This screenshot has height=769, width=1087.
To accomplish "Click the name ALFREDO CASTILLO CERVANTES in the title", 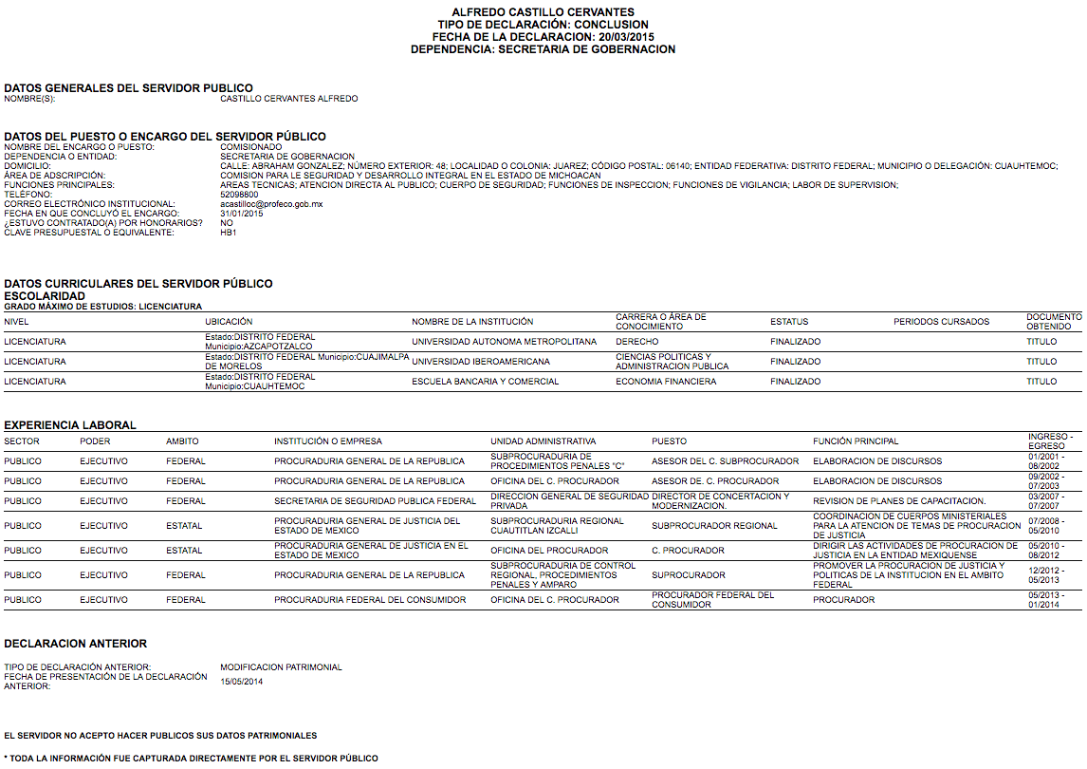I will (543, 12).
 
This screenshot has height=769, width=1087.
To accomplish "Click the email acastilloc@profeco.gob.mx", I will (271, 204).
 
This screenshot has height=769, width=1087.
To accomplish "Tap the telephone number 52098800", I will (239, 195).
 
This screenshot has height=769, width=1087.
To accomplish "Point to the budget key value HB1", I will (228, 233).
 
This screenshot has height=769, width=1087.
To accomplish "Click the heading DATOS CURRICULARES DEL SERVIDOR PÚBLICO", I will (138, 284).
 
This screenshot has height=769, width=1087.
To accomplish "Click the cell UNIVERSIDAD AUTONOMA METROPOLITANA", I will (504, 342).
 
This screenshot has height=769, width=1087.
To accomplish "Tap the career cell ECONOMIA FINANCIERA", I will (666, 382).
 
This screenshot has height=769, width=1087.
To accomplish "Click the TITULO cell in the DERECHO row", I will (1041, 342).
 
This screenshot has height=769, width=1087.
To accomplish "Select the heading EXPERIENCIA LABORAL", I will (70, 425).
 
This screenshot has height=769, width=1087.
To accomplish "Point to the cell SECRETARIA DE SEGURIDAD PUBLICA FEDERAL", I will (375, 501).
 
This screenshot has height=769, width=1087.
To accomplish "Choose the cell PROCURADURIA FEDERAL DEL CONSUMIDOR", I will (370, 600).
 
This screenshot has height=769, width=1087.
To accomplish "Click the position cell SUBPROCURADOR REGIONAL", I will (714, 526).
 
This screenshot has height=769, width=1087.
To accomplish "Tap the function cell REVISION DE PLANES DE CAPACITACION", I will (899, 501).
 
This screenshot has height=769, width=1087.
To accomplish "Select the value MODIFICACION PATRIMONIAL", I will (281, 667).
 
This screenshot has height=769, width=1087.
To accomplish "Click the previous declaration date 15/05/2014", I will (242, 682).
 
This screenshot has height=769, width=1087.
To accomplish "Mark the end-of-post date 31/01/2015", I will (242, 214).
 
